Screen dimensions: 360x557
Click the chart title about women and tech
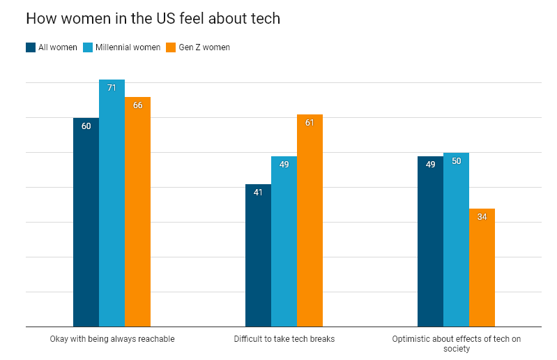[153, 19]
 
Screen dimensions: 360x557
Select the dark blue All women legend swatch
[31, 47]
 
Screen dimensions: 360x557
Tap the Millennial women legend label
[128, 47]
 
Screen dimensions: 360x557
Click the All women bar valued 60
[86, 223]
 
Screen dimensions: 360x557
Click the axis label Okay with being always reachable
[112, 339]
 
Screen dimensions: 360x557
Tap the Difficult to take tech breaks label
[284, 339]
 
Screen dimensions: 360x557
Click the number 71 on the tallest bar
[112, 88]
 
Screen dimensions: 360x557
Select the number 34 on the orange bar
[482, 217]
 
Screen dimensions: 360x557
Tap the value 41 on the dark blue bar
[258, 193]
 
